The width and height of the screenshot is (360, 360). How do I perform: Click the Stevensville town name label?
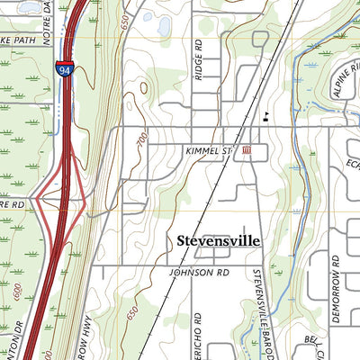[217, 242]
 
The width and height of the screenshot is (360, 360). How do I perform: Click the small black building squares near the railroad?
[265, 115]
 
